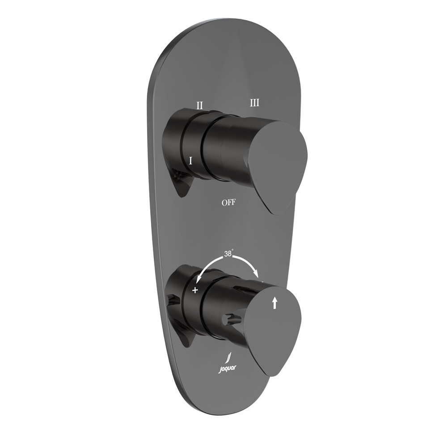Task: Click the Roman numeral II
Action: pos(199,105)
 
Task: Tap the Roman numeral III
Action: pos(255,103)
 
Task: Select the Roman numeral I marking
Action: pos(191,161)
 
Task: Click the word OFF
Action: pos(228,202)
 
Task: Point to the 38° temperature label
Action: pos(229,254)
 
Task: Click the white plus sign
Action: pos(195,291)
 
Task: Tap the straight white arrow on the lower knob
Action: pos(274,303)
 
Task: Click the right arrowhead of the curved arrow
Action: pos(257,274)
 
